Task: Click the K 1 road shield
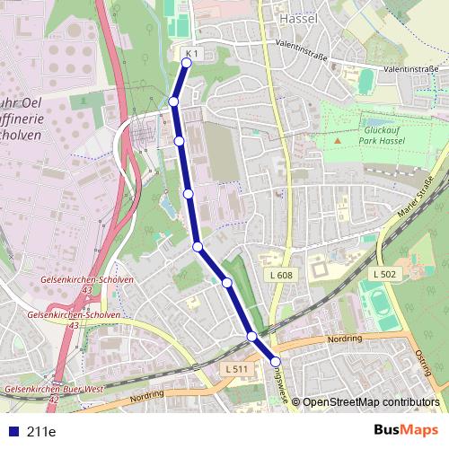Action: tap(191, 54)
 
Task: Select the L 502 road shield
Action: tap(383, 273)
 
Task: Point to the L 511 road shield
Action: tap(235, 369)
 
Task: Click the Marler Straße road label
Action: tap(415, 201)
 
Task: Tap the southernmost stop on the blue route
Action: tap(276, 362)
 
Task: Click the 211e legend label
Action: tap(41, 432)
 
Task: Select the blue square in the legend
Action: tap(14, 432)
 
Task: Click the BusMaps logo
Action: tap(405, 431)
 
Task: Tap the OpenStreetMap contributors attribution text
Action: tap(371, 402)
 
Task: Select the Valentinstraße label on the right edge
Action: tap(409, 68)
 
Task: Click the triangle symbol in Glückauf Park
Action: tap(339, 140)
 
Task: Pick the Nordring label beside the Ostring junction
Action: tap(346, 339)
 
